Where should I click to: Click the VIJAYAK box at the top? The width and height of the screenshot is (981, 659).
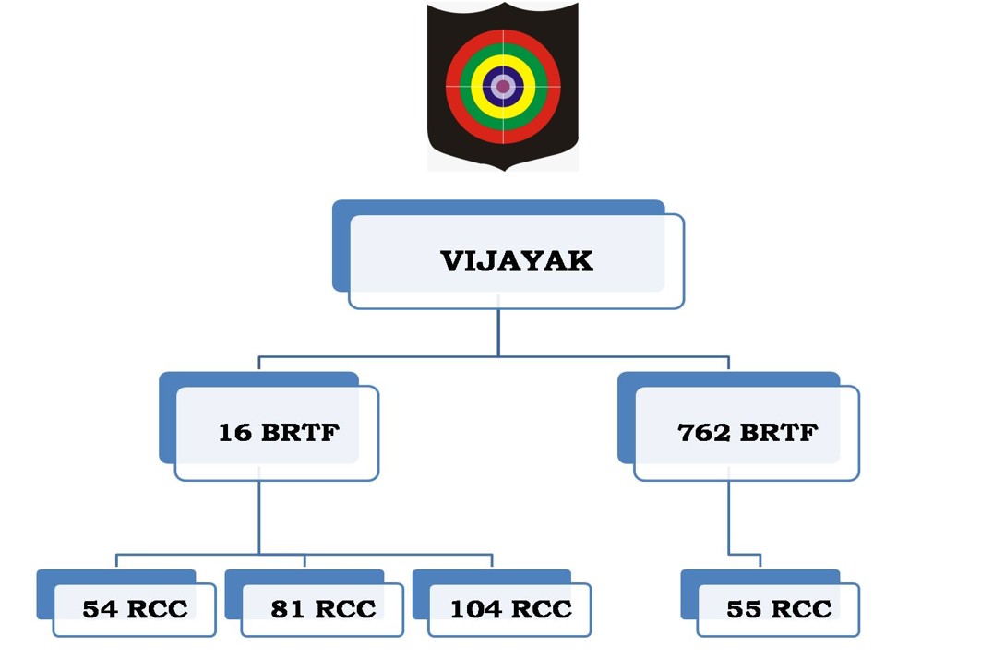516,260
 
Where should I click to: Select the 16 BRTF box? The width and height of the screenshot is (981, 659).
277,432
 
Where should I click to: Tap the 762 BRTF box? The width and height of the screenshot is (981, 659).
747,432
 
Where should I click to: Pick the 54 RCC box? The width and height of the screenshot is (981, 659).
134,609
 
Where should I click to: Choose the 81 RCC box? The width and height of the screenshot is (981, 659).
322,609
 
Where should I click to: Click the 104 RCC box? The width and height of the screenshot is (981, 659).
510,609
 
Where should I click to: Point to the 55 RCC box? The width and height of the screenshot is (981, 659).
778,609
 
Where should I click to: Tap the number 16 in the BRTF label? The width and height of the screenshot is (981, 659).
234,432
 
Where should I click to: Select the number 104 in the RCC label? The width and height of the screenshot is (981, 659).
475,609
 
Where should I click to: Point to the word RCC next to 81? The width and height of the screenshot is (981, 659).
345,609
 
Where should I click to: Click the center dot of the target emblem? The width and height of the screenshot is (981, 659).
503,87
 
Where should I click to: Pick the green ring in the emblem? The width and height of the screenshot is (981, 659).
503,50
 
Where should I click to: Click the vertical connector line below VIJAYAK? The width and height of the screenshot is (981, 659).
498,332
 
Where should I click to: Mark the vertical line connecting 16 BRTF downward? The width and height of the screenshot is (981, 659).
259,517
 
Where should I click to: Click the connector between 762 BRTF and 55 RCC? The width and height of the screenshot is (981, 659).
728,517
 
